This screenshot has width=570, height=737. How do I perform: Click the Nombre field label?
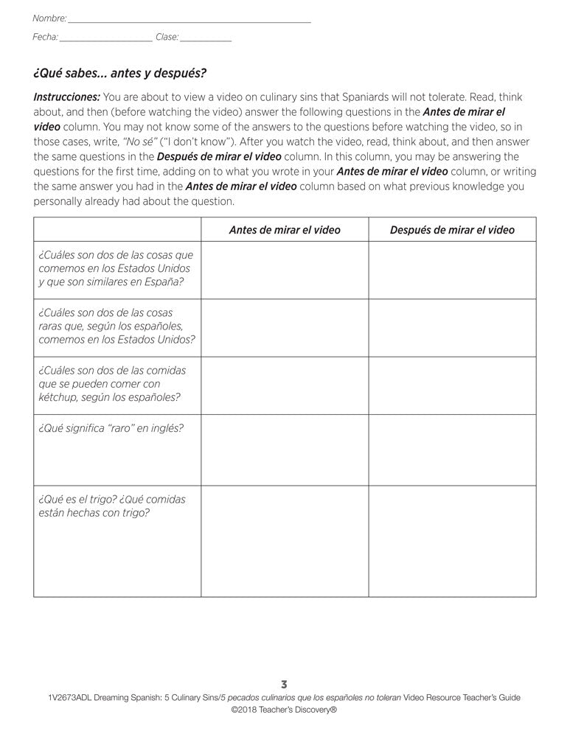click(x=49, y=18)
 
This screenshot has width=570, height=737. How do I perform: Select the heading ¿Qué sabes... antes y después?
click(x=119, y=74)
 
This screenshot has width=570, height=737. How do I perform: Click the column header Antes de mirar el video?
click(x=285, y=230)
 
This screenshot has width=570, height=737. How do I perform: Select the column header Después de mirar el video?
click(x=452, y=230)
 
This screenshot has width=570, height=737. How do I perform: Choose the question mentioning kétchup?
click(x=110, y=384)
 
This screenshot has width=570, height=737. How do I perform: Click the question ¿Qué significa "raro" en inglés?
click(x=110, y=428)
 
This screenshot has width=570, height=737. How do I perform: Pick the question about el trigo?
click(x=111, y=506)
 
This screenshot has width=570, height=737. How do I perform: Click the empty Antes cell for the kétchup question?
click(x=285, y=385)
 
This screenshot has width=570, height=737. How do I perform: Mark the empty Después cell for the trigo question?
click(x=452, y=541)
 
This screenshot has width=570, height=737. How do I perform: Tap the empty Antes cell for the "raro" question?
click(x=285, y=450)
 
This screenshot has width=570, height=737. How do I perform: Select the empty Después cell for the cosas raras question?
click(x=452, y=327)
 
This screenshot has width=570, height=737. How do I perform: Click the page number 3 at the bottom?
click(x=285, y=685)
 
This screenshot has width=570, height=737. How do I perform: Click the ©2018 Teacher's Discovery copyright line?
click(x=285, y=710)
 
